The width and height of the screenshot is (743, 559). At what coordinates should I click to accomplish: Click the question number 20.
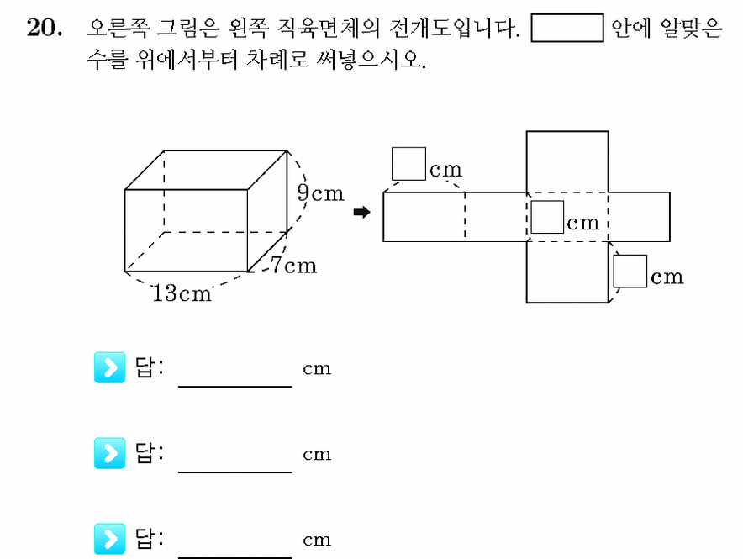(44, 27)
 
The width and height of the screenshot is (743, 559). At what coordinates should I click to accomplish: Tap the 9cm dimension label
(320, 192)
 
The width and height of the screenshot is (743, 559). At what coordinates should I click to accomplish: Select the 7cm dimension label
(293, 266)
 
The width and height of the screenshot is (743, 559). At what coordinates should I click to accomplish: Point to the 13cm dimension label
(182, 293)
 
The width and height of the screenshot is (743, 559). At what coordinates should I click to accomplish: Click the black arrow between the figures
(362, 212)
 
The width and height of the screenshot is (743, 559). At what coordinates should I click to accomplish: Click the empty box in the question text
(567, 28)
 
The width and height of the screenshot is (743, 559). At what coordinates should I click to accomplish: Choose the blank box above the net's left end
(408, 163)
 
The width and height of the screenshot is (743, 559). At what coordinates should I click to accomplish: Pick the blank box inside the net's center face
(547, 217)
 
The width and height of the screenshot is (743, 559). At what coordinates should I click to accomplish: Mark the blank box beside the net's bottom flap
(630, 271)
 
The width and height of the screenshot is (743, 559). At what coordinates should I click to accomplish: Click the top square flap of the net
(567, 161)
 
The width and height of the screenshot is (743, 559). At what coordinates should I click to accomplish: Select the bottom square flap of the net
(567, 272)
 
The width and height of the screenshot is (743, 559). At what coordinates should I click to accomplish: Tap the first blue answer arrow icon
(109, 367)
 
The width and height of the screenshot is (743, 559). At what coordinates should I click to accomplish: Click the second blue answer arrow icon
(109, 453)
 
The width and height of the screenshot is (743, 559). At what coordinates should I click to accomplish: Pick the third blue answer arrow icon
(109, 539)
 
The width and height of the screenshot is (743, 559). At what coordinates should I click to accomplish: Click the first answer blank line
(235, 387)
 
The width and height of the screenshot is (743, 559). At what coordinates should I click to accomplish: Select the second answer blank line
(235, 472)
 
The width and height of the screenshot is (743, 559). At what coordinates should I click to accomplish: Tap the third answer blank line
(235, 557)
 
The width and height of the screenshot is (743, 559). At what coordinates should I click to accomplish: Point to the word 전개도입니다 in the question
(455, 28)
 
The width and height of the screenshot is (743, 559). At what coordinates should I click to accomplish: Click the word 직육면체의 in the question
(328, 28)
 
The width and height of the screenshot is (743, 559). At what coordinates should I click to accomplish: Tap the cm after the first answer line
(317, 368)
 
